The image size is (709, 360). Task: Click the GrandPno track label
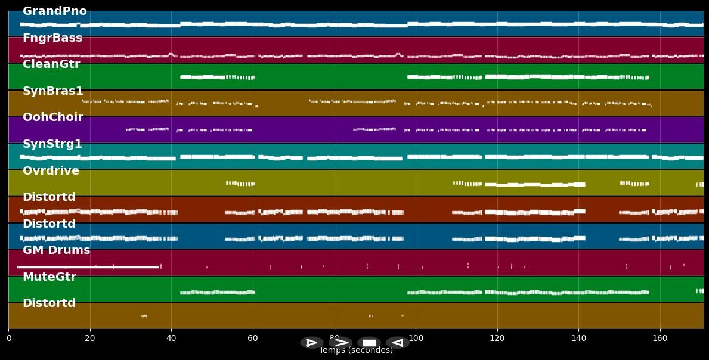click(x=54, y=11)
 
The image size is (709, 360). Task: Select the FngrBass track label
click(x=52, y=38)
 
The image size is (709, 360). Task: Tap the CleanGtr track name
click(x=51, y=64)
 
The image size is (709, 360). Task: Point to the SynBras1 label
click(x=53, y=91)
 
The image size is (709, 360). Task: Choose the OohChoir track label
click(x=53, y=117)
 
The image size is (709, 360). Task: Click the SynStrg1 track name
click(x=52, y=144)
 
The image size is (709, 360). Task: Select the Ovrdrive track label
click(x=51, y=171)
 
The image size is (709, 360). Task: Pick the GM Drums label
click(x=56, y=250)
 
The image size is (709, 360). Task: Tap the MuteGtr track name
click(x=49, y=277)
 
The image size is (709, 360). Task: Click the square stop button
click(x=369, y=343)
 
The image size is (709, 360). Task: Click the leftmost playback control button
click(x=311, y=343)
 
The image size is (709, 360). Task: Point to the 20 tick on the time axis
click(x=90, y=338)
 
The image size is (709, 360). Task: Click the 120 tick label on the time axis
click(x=497, y=338)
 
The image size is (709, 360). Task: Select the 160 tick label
click(x=660, y=338)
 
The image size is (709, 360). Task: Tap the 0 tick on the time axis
click(x=8, y=338)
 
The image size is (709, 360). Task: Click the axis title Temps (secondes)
click(x=356, y=350)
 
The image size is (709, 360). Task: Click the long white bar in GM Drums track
click(x=88, y=267)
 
